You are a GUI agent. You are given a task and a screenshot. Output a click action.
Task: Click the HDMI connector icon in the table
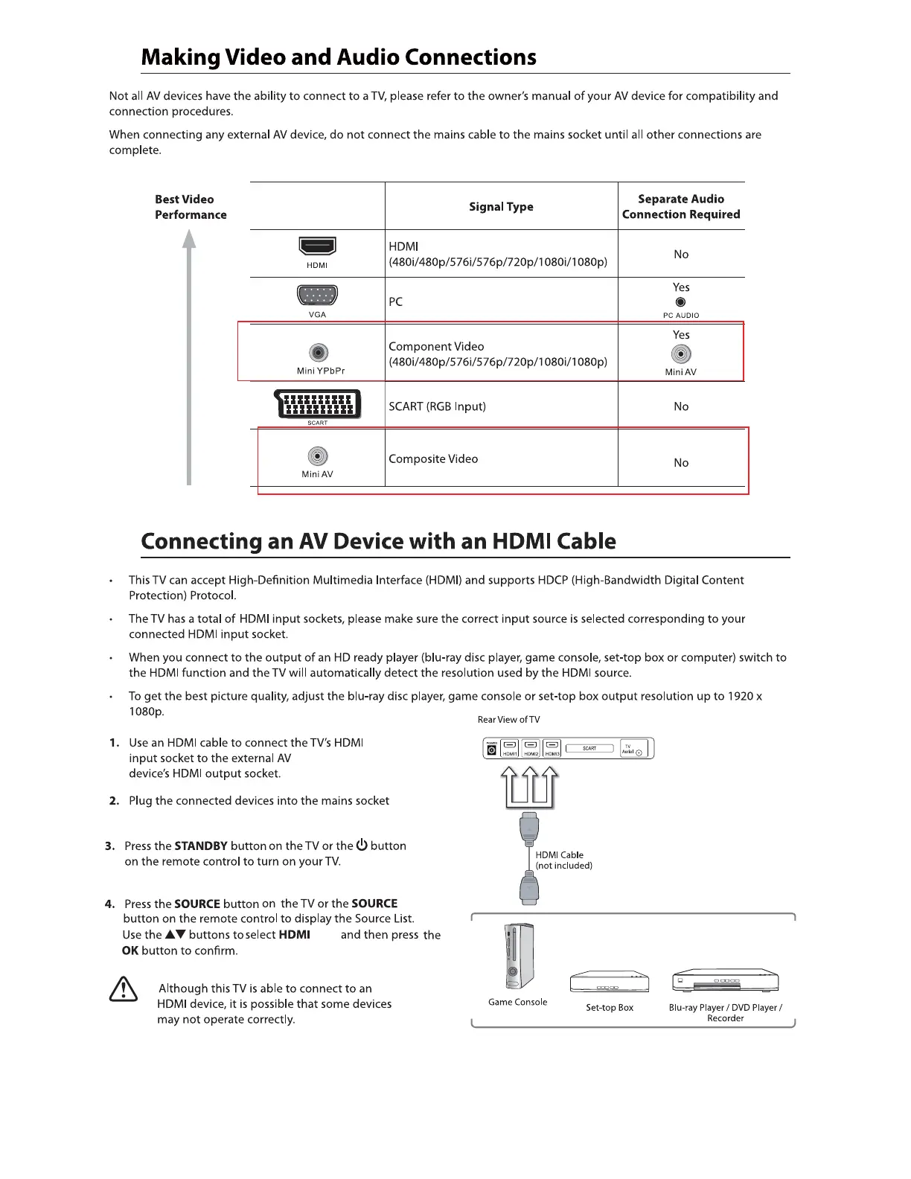[x=317, y=246]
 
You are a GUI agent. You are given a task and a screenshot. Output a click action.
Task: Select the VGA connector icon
[x=317, y=295]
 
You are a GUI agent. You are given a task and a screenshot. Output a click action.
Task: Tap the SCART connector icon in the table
[x=318, y=404]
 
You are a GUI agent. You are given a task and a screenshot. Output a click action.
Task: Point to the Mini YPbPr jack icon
[x=319, y=353]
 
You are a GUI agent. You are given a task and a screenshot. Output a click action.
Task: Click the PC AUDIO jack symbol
[x=680, y=302]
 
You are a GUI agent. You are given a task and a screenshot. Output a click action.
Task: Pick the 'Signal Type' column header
[x=501, y=207]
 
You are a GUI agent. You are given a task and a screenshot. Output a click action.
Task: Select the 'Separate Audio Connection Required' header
[x=681, y=207]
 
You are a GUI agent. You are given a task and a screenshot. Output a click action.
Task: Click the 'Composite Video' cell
[x=433, y=459]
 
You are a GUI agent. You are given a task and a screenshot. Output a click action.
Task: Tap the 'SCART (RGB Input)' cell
[x=437, y=406]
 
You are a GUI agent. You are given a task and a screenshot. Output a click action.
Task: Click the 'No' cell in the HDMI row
[x=681, y=255]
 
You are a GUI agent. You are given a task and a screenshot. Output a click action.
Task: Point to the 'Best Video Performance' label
[x=191, y=207]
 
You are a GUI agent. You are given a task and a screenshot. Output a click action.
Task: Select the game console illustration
[x=519, y=956]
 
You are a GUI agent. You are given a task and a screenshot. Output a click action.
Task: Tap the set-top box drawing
[x=610, y=982]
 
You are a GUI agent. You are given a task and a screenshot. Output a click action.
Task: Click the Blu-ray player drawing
[x=725, y=981]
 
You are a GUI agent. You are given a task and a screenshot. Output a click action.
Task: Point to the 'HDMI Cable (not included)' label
[x=563, y=860]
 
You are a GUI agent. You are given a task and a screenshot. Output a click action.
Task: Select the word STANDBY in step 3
[x=201, y=846]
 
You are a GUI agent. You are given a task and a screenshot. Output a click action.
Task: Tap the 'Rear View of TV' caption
[x=508, y=720]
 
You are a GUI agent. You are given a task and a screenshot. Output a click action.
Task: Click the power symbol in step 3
[x=362, y=845]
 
